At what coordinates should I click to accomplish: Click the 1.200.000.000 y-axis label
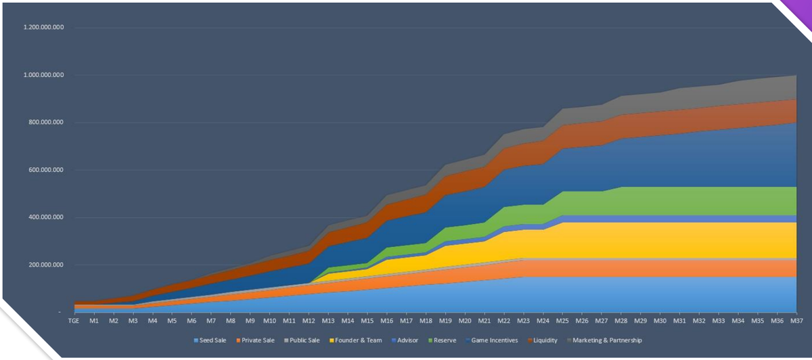[43, 28]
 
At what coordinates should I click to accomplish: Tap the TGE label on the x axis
[74, 320]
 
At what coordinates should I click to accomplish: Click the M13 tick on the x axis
[328, 320]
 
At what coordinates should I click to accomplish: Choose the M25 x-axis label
[563, 320]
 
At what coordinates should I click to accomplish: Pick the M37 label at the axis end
[796, 320]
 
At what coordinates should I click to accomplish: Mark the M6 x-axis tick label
[191, 320]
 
